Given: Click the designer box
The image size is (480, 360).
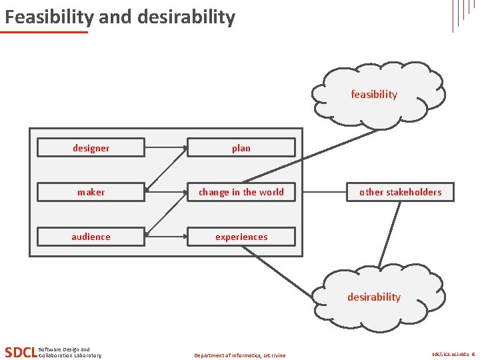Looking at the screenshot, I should tap(91, 147).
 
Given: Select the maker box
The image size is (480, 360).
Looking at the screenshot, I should tap(91, 192).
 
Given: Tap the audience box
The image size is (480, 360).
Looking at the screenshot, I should tap(91, 237).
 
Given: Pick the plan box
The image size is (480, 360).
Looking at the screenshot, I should tap(241, 147).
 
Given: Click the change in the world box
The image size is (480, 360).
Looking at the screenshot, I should tap(241, 192).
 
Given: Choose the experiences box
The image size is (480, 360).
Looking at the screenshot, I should tap(241, 237).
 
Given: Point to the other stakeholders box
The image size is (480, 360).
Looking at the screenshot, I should tap(400, 192).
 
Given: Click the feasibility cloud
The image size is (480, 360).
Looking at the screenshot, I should tap(376, 95).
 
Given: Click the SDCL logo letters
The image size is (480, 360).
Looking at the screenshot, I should tap(20, 352).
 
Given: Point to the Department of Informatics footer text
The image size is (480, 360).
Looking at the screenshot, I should tap(239, 355).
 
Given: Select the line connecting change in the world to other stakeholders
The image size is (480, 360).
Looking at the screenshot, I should tap(324, 192).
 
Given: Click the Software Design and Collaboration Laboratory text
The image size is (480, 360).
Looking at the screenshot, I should tap(69, 352).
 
